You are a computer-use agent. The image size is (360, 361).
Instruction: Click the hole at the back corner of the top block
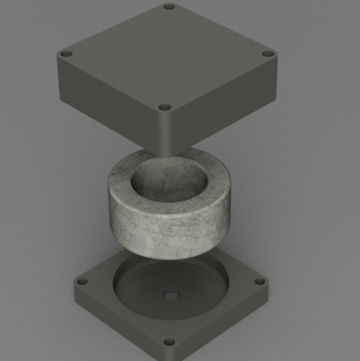(168, 7)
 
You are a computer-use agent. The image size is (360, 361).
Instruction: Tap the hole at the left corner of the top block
(66, 54)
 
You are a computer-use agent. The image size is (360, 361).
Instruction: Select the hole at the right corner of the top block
(268, 54)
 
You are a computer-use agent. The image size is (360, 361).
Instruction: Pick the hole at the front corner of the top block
(165, 107)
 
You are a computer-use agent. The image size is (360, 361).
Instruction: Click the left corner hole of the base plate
(82, 281)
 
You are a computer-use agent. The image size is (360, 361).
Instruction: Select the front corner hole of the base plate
(168, 343)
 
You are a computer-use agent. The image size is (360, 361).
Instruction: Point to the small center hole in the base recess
(168, 296)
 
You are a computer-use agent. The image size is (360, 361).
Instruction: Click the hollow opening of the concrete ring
(168, 178)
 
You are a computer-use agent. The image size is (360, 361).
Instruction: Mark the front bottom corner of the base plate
(169, 356)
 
